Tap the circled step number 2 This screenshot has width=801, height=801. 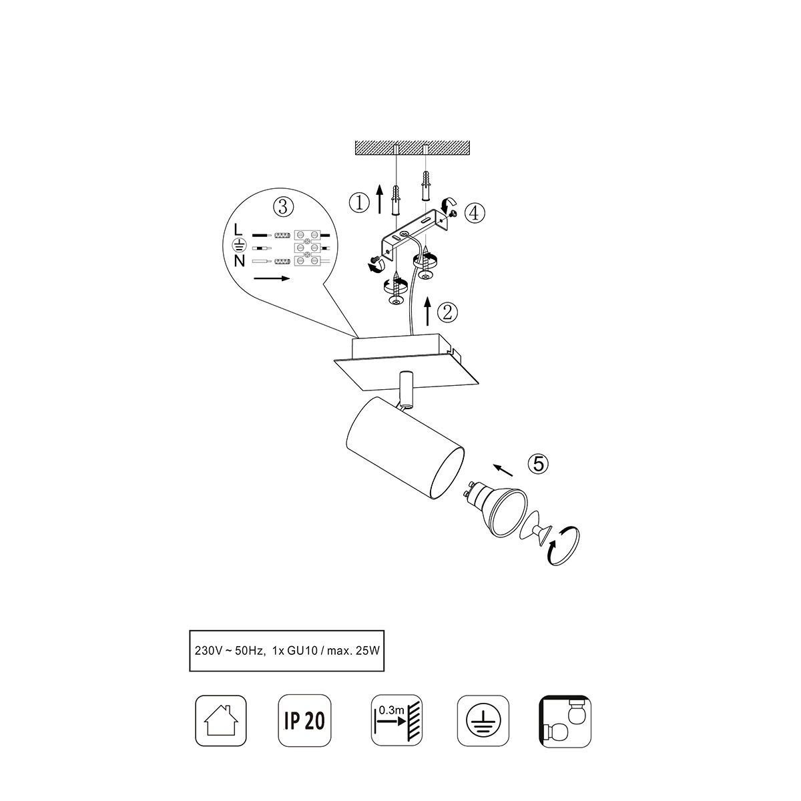(448, 312)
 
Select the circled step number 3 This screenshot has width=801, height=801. (283, 206)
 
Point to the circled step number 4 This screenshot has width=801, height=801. (475, 213)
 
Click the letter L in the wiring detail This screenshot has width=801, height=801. (238, 230)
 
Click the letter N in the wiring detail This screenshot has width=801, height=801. (239, 260)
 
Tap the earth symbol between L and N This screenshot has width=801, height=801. (238, 245)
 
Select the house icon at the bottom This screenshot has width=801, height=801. (221, 721)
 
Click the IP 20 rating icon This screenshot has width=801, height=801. (304, 721)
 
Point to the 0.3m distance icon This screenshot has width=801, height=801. (396, 721)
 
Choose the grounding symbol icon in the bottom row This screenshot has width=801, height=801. (483, 721)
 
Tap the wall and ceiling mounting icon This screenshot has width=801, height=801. (565, 721)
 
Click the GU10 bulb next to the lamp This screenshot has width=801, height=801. (495, 509)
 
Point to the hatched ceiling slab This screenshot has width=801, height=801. (412, 148)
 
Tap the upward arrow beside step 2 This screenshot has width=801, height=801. (428, 311)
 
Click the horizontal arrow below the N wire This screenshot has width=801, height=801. (272, 278)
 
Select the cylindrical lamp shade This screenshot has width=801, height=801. (405, 448)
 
